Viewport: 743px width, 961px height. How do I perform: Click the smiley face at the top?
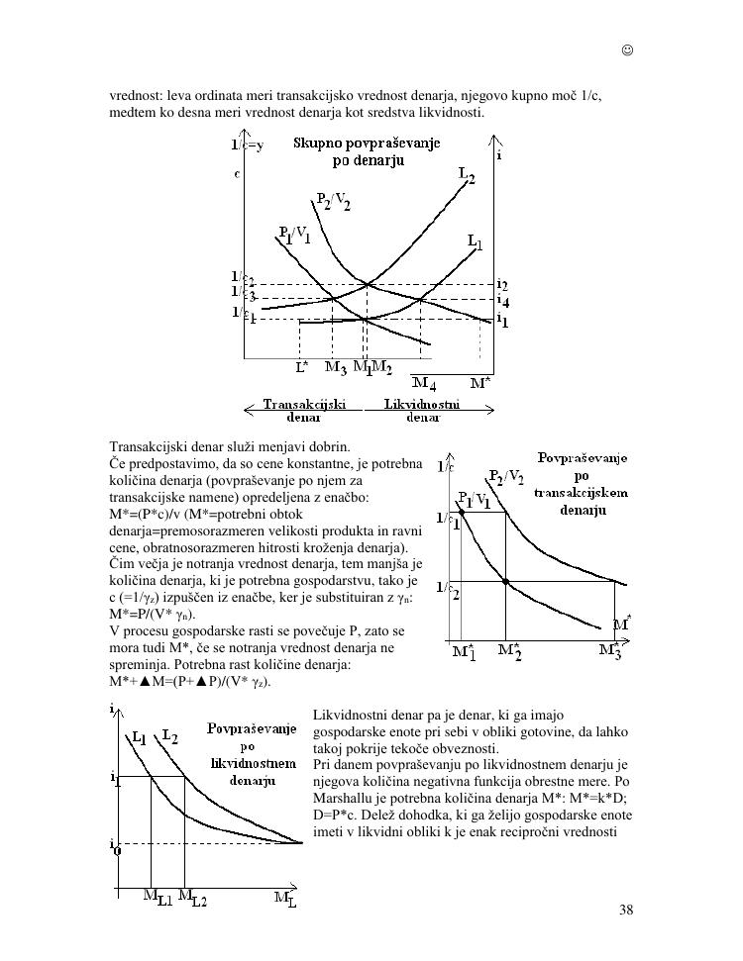click(628, 49)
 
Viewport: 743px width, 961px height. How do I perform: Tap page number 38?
click(626, 911)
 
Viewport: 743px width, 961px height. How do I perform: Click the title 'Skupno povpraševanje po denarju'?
click(367, 152)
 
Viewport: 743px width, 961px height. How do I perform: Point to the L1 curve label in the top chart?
click(476, 241)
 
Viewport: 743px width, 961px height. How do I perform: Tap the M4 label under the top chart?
click(424, 382)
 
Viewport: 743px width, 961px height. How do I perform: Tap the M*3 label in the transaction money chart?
click(612, 651)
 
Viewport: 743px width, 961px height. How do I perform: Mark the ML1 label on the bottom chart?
click(157, 897)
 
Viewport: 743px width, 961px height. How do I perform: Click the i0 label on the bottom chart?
click(116, 845)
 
